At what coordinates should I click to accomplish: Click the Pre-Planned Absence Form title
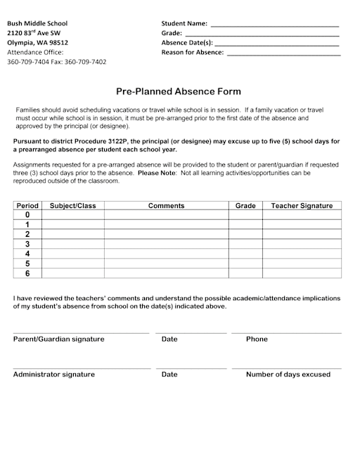coord(179,91)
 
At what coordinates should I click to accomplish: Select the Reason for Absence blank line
coord(283,53)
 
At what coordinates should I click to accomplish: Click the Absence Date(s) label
coord(187,43)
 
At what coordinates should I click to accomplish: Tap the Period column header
coord(27,206)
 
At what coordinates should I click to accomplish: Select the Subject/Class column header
coord(73,206)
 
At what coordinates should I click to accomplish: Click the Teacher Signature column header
coord(302,206)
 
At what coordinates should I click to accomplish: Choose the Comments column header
coord(166,206)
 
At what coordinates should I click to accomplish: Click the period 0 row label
coord(27,215)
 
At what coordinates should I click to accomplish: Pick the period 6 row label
coord(27,273)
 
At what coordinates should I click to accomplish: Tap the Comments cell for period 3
coord(166,244)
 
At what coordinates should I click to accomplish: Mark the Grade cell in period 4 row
coord(245,254)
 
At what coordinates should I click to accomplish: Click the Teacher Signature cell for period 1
coord(302,224)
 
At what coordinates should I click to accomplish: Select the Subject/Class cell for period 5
coord(73,264)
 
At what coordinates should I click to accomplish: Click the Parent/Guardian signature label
coord(58,339)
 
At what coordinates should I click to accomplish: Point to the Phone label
coord(257,339)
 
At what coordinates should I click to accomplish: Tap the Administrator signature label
coord(54,375)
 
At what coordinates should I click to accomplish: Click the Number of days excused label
coord(288,375)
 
